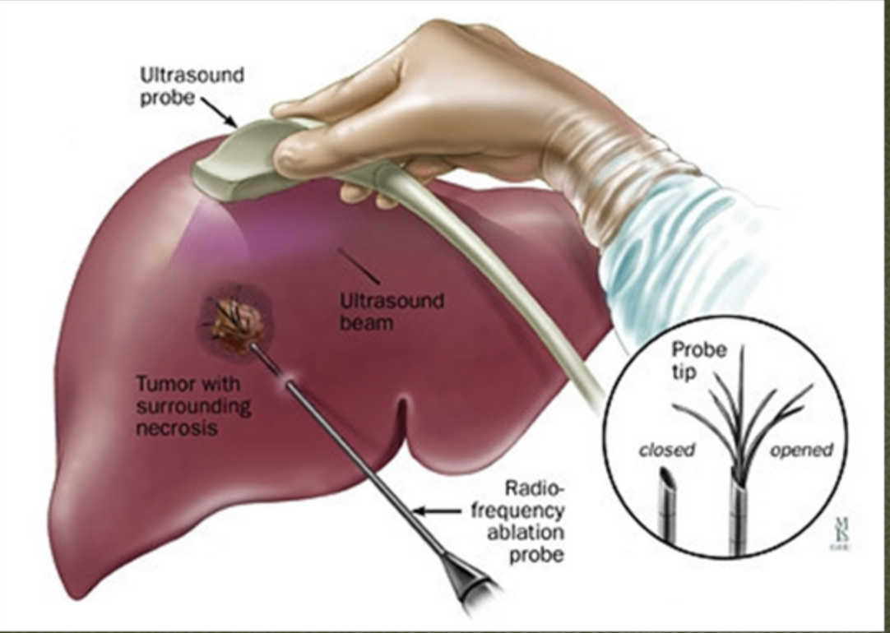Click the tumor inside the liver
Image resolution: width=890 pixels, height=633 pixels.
[237, 321]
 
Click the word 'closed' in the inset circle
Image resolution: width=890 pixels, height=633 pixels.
[667, 450]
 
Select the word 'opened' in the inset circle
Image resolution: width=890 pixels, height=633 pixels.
[801, 450]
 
